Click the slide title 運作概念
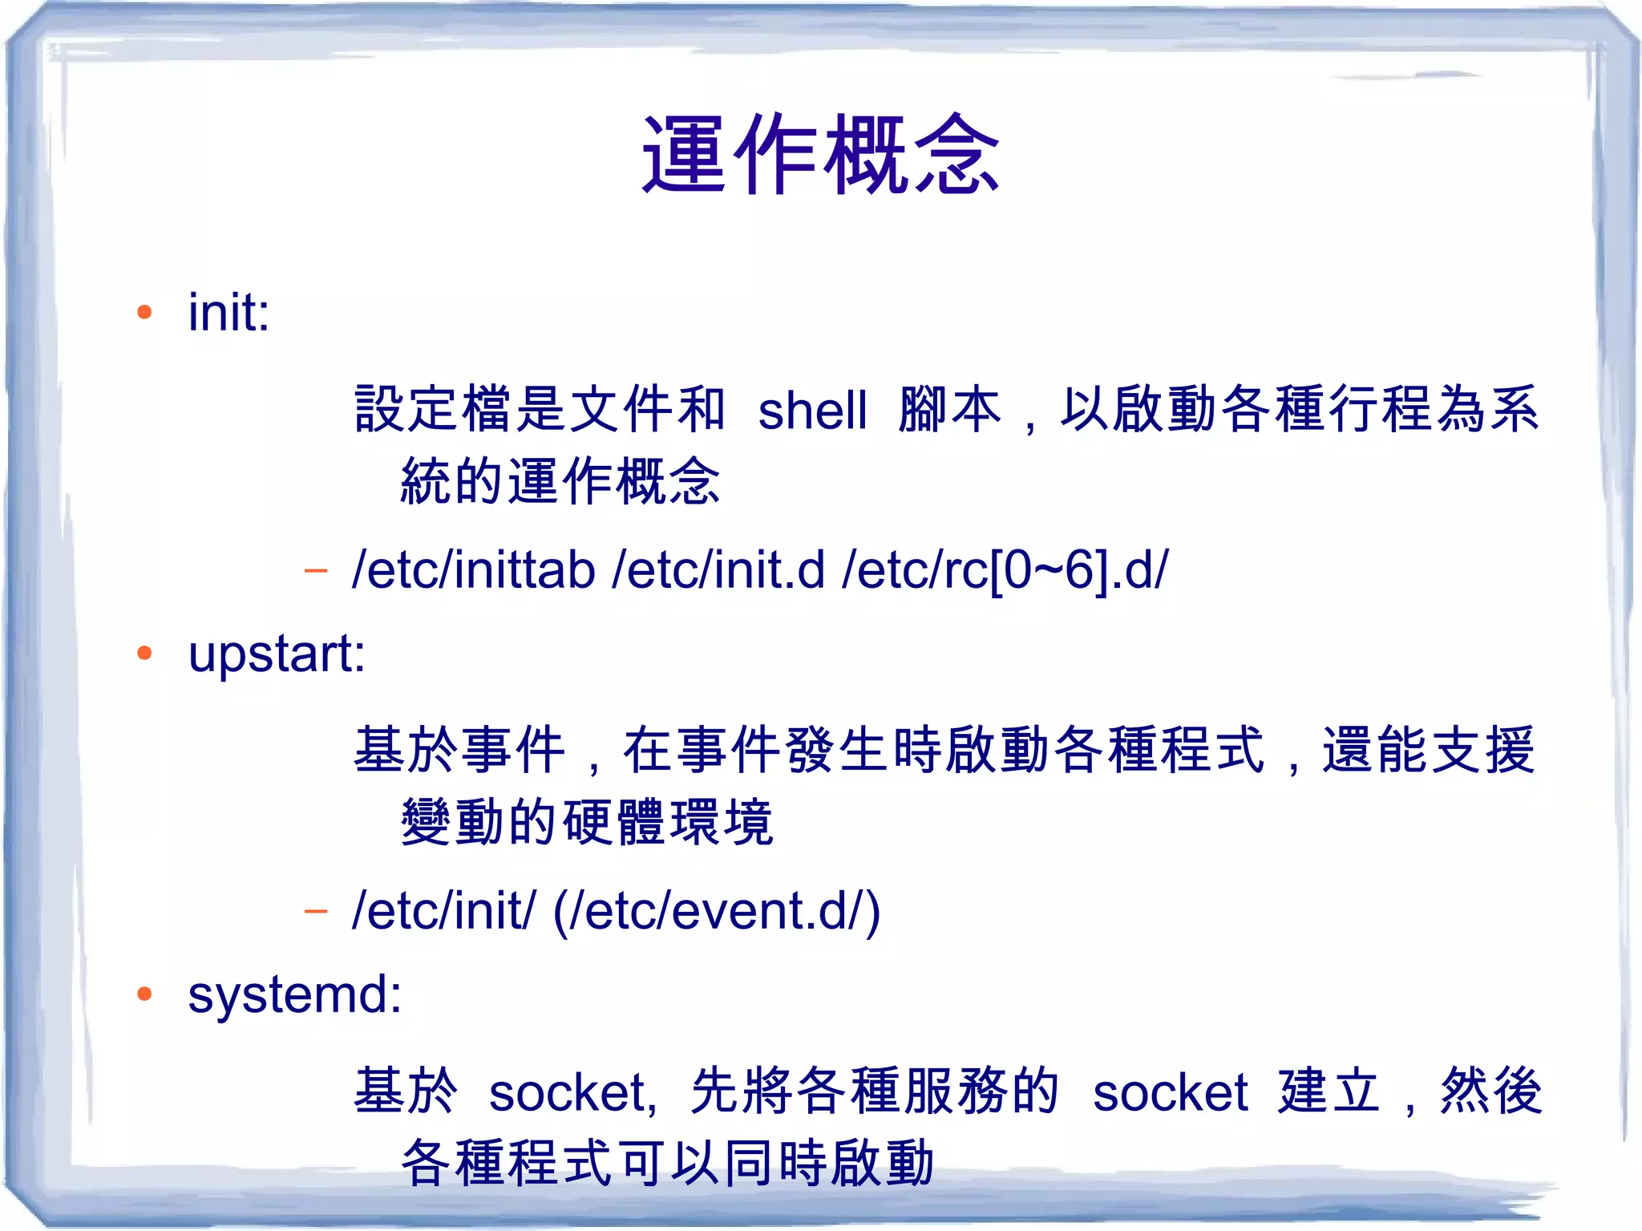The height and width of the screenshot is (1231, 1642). tap(820, 154)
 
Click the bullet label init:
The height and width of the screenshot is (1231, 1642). tap(229, 312)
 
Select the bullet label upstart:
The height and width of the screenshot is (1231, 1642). tap(277, 654)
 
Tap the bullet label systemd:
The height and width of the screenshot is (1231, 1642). tap(294, 994)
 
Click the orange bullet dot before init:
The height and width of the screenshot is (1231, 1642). tap(144, 312)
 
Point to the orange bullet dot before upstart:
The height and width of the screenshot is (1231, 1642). tap(144, 653)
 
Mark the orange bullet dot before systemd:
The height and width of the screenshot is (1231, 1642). tap(144, 994)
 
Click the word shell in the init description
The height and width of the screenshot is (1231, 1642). tap(812, 411)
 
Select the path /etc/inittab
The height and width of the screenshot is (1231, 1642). tap(473, 570)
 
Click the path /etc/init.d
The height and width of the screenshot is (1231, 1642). tap(718, 570)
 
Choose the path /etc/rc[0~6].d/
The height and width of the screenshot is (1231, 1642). tap(1005, 570)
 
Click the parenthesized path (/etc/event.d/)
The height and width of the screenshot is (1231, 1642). tap(717, 911)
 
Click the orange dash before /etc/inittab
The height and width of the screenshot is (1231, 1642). tap(316, 571)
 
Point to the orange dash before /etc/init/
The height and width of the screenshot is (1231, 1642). tap(316, 911)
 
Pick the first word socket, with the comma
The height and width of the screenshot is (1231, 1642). tap(572, 1092)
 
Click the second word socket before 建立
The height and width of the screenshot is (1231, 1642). tap(1170, 1092)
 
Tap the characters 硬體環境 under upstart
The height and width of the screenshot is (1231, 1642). tap(667, 823)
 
